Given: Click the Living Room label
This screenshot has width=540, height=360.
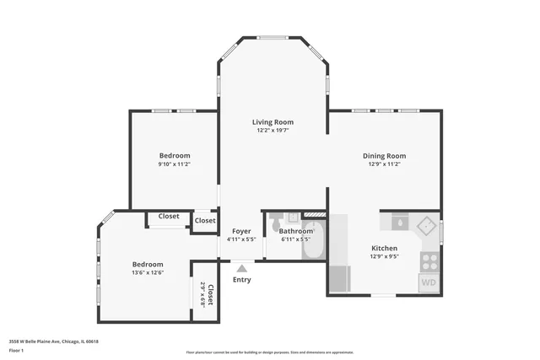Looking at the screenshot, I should [x=273, y=122].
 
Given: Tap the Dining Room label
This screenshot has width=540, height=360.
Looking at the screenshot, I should [x=384, y=155].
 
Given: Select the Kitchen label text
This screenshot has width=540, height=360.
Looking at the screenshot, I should [x=384, y=248].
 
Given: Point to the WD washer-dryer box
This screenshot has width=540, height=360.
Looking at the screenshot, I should [x=429, y=282].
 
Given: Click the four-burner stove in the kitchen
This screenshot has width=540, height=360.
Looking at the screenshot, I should [x=429, y=261].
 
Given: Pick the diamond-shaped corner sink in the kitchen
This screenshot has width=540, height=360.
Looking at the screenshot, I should [x=428, y=225].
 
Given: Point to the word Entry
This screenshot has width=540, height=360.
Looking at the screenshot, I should [x=241, y=280].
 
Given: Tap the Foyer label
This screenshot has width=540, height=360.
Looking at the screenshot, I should [x=241, y=230].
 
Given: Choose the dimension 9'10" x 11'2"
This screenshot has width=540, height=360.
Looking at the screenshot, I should [x=174, y=164].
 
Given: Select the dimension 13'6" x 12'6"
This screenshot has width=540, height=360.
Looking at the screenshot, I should [x=147, y=272].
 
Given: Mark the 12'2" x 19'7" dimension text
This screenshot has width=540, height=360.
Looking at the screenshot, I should [x=273, y=131].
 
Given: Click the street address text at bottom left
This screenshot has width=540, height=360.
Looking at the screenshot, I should [x=54, y=341].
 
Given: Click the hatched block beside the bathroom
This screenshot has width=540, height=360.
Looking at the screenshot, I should [x=314, y=215].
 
